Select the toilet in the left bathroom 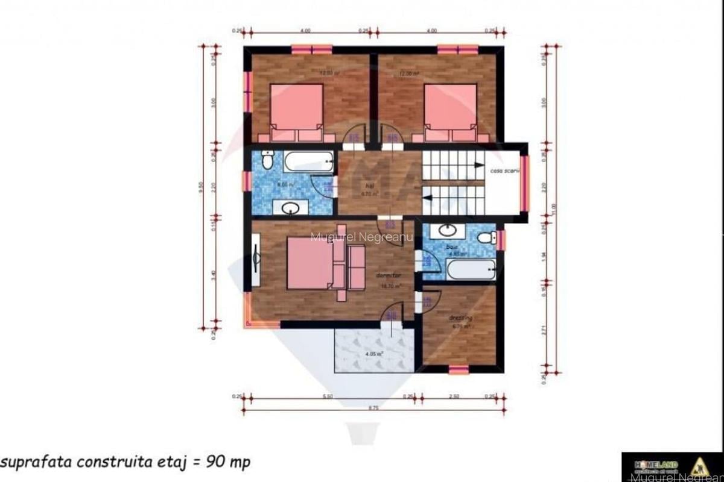coord(267,160)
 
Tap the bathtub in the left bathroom coord(309,161)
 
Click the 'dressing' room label coord(460,318)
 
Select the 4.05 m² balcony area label coord(375,354)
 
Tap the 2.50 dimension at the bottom coord(454,396)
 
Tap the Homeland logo coord(657,466)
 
